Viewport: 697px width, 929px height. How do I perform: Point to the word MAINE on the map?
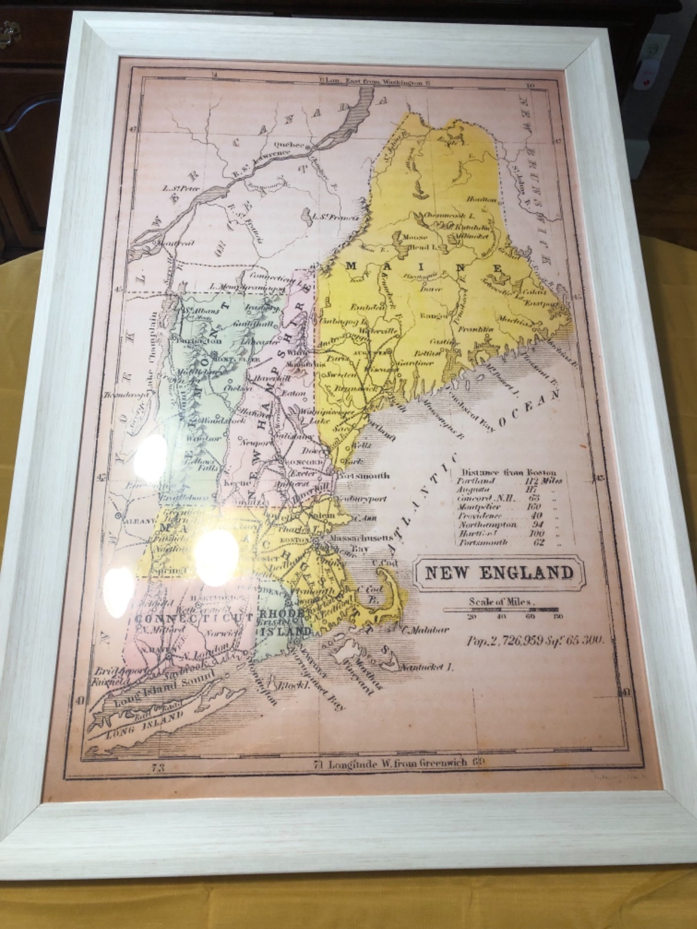[424, 267]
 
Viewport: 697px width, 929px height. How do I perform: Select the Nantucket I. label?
[427, 667]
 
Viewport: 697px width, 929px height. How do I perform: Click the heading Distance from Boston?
[509, 472]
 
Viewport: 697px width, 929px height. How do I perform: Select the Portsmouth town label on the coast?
[363, 476]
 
